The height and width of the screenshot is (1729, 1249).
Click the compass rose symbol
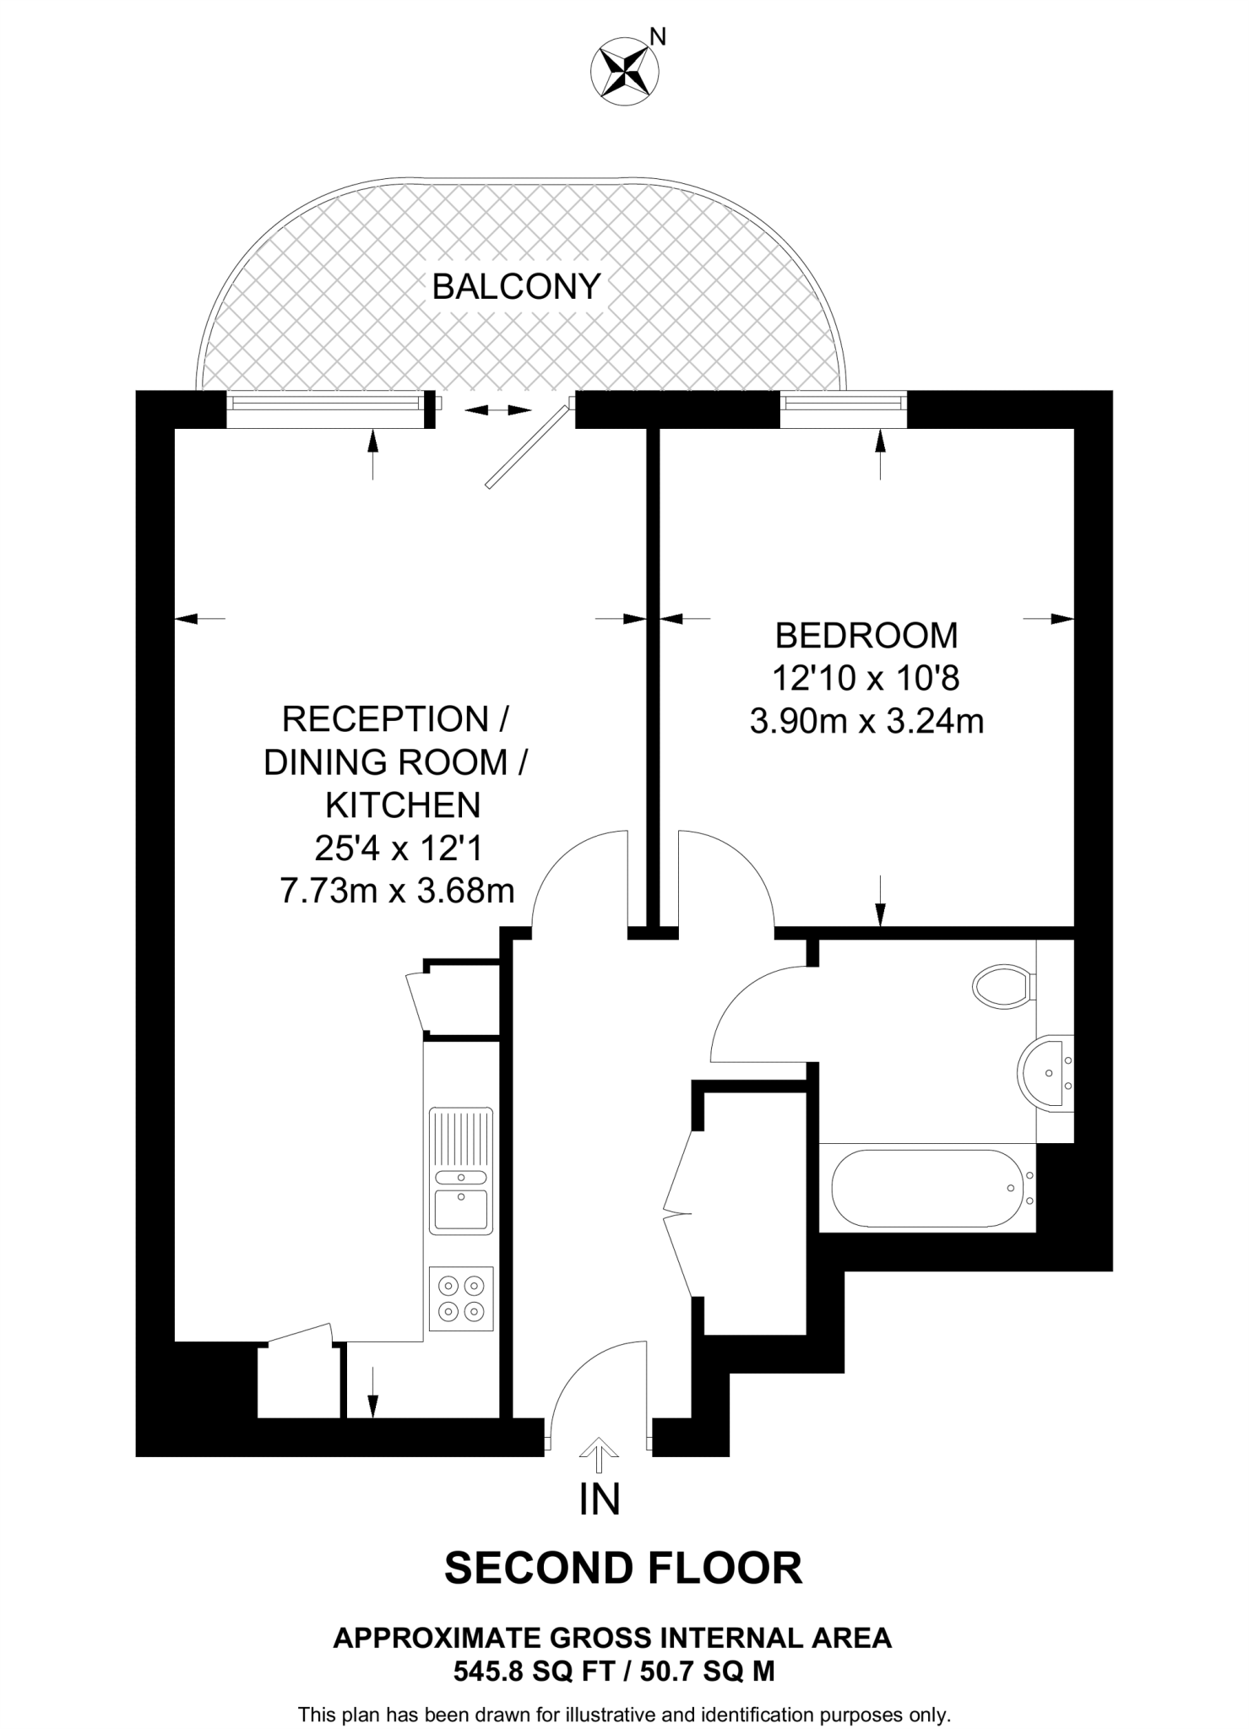point(626,71)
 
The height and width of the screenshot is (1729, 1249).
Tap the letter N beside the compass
point(658,36)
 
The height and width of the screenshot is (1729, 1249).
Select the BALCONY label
point(516,287)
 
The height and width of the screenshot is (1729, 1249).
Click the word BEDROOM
point(866,635)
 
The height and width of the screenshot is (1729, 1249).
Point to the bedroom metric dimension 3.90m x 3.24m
point(866,722)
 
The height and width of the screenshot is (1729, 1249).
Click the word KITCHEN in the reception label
point(403,805)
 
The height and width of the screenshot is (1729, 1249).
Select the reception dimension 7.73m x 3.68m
point(397,891)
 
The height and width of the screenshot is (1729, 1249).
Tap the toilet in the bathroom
point(1002,985)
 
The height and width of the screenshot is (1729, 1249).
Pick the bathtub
point(927,1188)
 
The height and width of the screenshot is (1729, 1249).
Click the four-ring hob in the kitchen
point(461,1298)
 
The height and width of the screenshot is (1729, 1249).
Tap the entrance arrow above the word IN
point(600,1450)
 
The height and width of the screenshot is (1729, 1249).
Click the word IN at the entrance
point(600,1499)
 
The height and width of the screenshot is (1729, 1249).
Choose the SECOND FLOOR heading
point(623,1568)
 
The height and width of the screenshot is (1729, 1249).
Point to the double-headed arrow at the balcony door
point(498,410)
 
